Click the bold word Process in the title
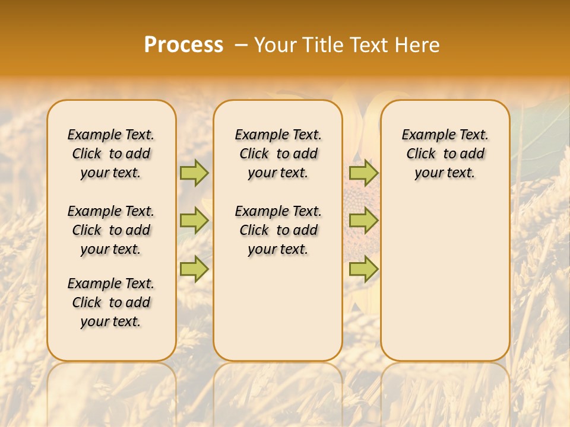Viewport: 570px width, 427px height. (x=183, y=45)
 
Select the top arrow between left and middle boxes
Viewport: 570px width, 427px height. (x=194, y=173)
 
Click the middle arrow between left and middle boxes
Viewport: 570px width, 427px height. (x=194, y=221)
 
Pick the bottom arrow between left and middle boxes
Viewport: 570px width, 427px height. (x=194, y=269)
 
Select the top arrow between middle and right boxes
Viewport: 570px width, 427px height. (x=363, y=173)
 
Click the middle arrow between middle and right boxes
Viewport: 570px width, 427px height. (x=363, y=221)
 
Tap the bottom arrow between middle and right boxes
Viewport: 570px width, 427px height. (x=363, y=269)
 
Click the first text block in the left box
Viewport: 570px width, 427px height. (x=111, y=154)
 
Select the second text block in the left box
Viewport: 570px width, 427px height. (x=111, y=230)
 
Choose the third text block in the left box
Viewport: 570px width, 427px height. (x=111, y=302)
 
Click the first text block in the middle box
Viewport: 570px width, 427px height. (x=278, y=154)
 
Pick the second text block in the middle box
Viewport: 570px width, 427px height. (x=278, y=230)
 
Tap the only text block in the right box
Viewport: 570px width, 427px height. (x=445, y=154)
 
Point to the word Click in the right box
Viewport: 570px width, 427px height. (x=421, y=154)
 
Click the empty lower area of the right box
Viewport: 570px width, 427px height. (x=445, y=273)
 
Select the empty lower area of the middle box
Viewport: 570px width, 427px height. (x=278, y=308)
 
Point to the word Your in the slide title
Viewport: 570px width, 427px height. (x=275, y=45)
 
